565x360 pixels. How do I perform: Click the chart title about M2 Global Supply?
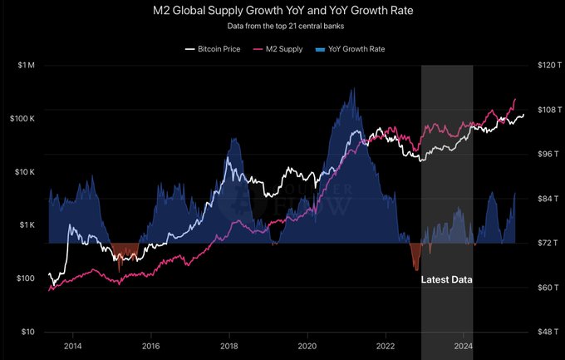coord(282,12)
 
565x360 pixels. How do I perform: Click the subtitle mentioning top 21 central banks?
coord(282,27)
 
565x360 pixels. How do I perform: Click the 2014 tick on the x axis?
coord(72,344)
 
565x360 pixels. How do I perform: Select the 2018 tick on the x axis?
coord(229,344)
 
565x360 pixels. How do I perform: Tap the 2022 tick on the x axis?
coord(386,344)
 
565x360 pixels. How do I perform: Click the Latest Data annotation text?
coord(447,280)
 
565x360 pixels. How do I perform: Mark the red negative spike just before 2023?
coord(415,258)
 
